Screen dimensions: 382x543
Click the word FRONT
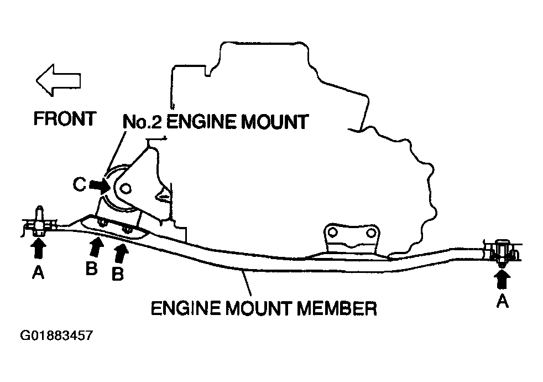[x=65, y=119]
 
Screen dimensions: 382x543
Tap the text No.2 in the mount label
[x=143, y=121]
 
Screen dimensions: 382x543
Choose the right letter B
[x=117, y=273]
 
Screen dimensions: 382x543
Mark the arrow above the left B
[x=96, y=246]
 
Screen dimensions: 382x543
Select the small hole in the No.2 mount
[x=126, y=189]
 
